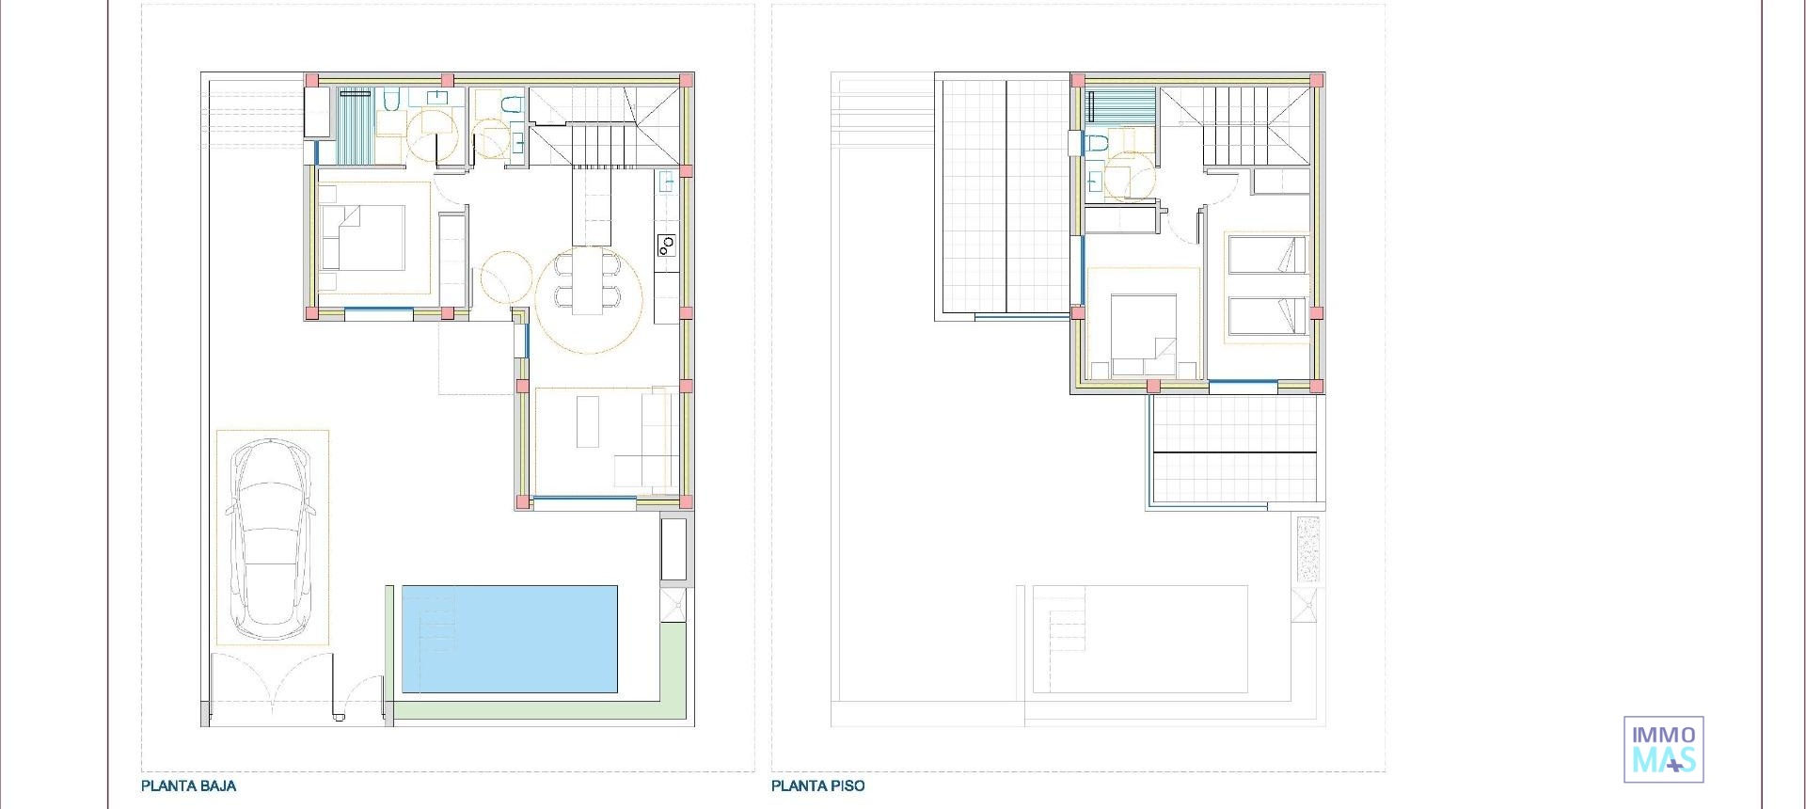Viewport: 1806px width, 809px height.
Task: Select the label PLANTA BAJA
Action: tap(188, 785)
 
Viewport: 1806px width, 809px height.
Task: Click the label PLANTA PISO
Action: tap(817, 785)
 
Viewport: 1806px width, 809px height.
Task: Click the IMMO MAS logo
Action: tap(1663, 750)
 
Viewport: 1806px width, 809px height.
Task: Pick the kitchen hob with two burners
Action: tap(666, 246)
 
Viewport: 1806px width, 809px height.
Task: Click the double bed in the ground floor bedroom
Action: tap(363, 238)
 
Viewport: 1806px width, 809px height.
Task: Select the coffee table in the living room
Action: tap(588, 421)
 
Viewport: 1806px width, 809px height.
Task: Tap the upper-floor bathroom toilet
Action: tap(1096, 144)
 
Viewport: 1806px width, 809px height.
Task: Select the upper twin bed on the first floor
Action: tap(1267, 255)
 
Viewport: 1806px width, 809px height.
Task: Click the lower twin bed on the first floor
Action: tap(1267, 316)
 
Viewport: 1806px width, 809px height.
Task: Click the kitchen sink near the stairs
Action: tap(666, 181)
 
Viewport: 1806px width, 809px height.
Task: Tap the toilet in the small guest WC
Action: tap(511, 104)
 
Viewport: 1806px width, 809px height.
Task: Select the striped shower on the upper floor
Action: tap(1120, 105)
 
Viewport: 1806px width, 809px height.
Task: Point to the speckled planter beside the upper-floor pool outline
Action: tap(1307, 547)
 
